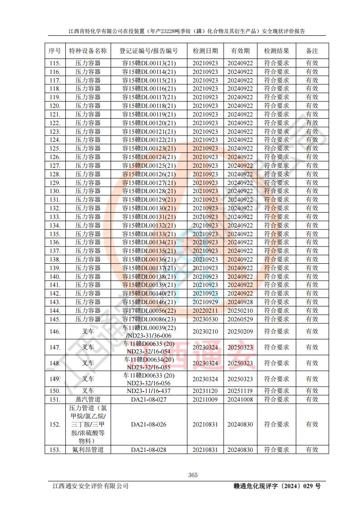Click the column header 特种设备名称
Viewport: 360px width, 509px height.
pos(88,51)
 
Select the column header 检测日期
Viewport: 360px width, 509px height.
pos(205,51)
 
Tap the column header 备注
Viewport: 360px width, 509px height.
pos(311,51)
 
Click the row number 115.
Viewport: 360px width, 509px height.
pos(54,63)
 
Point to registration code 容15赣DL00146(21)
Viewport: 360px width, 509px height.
pos(149,302)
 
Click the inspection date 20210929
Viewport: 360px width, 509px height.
pos(205,302)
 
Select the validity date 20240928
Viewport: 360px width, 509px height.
pos(240,302)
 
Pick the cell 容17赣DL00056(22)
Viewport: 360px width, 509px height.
pos(149,310)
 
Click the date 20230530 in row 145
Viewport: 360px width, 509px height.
pos(205,319)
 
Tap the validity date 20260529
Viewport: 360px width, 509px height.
pos(240,319)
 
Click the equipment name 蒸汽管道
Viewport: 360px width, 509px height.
pos(88,399)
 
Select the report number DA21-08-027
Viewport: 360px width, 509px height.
pos(149,399)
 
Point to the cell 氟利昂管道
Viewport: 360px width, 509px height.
pos(88,450)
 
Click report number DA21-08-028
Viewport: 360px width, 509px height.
pos(149,450)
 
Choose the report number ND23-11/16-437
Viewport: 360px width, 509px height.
pos(149,391)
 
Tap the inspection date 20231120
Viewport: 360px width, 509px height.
pos(205,391)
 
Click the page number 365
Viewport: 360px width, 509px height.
pos(193,475)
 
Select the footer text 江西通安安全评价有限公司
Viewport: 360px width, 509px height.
pos(91,486)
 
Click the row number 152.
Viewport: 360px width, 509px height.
pos(54,425)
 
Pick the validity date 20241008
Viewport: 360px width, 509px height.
pos(240,399)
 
